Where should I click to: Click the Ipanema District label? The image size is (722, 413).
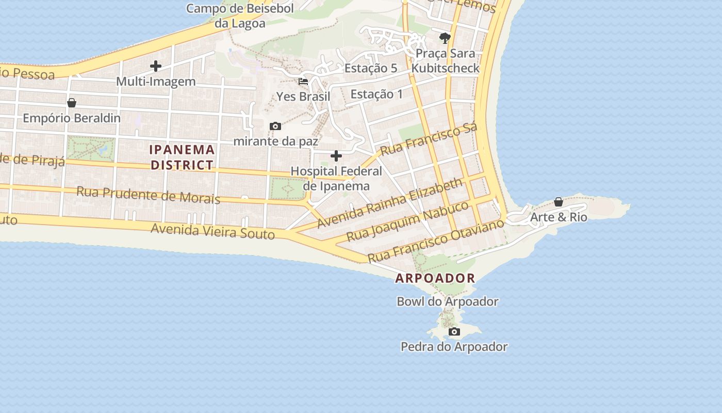tap(182, 157)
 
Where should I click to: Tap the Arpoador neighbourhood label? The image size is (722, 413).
tap(435, 278)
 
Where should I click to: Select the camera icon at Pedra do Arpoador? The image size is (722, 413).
tap(454, 331)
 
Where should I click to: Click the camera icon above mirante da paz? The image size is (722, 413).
tap(275, 126)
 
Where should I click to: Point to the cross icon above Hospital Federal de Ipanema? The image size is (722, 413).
tap(336, 156)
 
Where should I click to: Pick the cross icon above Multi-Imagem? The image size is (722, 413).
tap(155, 66)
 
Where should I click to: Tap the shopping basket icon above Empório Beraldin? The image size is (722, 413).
tap(72, 103)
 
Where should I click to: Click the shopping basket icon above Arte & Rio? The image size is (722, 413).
tap(559, 202)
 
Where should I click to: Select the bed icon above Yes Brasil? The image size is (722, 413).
tap(303, 82)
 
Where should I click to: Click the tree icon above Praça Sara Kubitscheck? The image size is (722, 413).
tap(445, 38)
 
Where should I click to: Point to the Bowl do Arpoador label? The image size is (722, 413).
tap(447, 301)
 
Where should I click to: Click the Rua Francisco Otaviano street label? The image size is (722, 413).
tap(435, 241)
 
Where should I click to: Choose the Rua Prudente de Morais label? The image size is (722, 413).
tap(148, 195)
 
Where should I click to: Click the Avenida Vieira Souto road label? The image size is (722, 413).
tap(212, 231)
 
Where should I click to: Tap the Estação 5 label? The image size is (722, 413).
tap(371, 68)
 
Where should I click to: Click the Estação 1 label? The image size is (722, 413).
tap(376, 94)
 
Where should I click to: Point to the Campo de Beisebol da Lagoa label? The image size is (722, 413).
tap(240, 15)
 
